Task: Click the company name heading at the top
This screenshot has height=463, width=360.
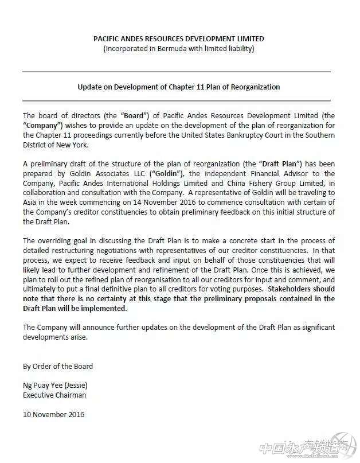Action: [179, 39]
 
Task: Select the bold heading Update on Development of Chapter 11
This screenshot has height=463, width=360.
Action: [179, 87]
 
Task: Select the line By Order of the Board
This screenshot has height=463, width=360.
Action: [58, 366]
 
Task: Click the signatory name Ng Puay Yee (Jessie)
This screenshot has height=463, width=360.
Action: [56, 386]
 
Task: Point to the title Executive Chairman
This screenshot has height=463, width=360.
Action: [54, 395]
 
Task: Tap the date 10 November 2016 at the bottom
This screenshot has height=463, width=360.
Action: [53, 415]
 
